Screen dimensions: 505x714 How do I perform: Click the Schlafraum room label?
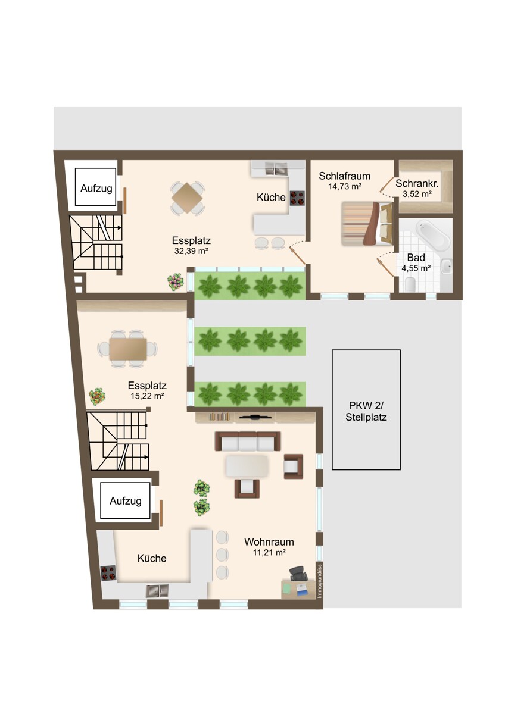click(344, 176)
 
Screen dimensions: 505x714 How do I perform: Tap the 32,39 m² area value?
click(191, 251)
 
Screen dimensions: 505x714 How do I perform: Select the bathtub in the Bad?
click(432, 236)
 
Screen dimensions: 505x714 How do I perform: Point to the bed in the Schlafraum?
click(367, 223)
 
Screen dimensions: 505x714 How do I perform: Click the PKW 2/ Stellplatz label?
click(366, 411)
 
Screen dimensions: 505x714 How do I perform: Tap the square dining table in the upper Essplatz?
click(187, 198)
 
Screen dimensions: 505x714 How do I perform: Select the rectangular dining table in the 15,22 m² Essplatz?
click(128, 349)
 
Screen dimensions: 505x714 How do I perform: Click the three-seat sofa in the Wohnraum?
click(248, 441)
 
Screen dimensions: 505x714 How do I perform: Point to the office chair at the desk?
click(298, 574)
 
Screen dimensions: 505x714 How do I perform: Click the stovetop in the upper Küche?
click(297, 198)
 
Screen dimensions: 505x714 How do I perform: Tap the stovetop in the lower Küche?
click(108, 573)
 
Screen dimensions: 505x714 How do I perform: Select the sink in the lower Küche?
click(157, 591)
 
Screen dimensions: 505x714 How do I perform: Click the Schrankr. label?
click(417, 183)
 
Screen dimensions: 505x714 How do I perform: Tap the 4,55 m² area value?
click(416, 268)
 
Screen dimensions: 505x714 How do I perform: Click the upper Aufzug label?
click(96, 189)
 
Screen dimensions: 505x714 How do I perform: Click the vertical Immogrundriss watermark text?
click(320, 581)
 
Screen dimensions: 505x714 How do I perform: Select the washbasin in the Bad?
click(446, 266)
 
